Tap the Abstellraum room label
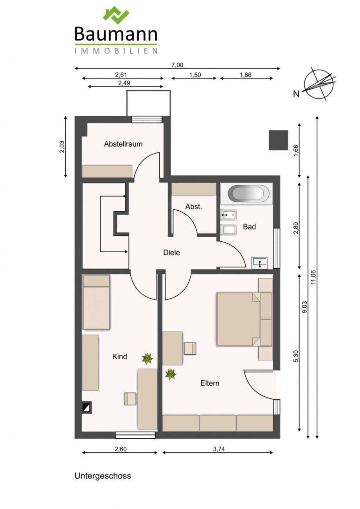pyautogui.click(x=123, y=144)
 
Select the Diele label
pyautogui.click(x=172, y=253)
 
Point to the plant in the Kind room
pyautogui.click(x=148, y=359)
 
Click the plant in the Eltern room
pyautogui.click(x=171, y=374)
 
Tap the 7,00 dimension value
pyautogui.click(x=177, y=65)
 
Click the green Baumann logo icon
pyautogui.click(x=116, y=16)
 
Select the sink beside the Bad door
pyautogui.click(x=259, y=263)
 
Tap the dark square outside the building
pyautogui.click(x=278, y=140)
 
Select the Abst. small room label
pyautogui.click(x=194, y=207)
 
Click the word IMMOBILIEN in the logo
pyautogui.click(x=116, y=51)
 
